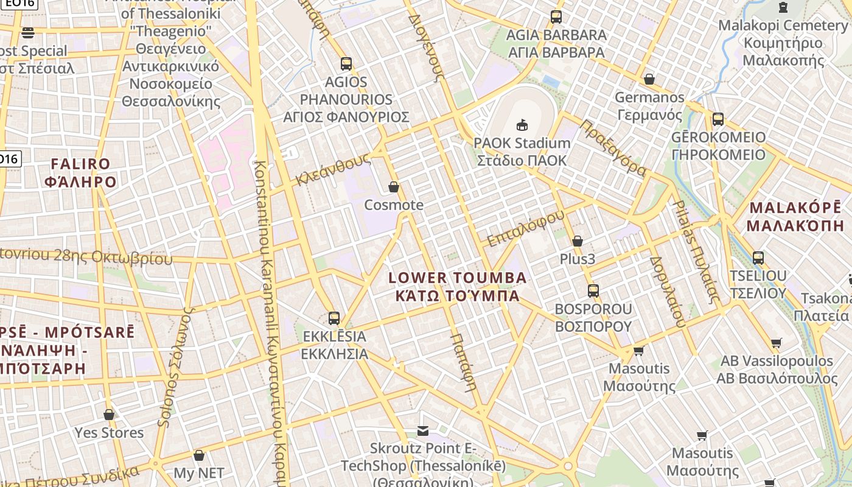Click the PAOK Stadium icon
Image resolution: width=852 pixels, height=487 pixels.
(x=522, y=125)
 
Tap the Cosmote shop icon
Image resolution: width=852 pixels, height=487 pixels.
(x=394, y=187)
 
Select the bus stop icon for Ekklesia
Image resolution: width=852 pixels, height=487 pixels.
(x=334, y=318)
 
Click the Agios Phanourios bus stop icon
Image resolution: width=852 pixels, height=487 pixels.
(x=346, y=63)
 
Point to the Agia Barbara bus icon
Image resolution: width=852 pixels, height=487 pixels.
(x=556, y=17)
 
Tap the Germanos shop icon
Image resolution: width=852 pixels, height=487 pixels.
(x=649, y=79)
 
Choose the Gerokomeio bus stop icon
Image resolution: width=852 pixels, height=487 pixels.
(x=718, y=119)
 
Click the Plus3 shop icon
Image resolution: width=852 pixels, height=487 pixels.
(x=578, y=241)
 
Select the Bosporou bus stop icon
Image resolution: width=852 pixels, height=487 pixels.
(x=593, y=291)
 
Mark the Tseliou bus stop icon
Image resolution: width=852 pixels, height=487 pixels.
(x=758, y=258)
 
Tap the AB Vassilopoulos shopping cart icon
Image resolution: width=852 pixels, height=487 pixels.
(x=776, y=343)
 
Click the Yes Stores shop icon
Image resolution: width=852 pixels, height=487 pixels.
(x=109, y=415)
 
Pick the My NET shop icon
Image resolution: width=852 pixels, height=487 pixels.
(x=199, y=455)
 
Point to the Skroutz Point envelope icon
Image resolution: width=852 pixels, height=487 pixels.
(x=423, y=431)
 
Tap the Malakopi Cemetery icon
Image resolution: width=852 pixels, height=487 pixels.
(x=783, y=7)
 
